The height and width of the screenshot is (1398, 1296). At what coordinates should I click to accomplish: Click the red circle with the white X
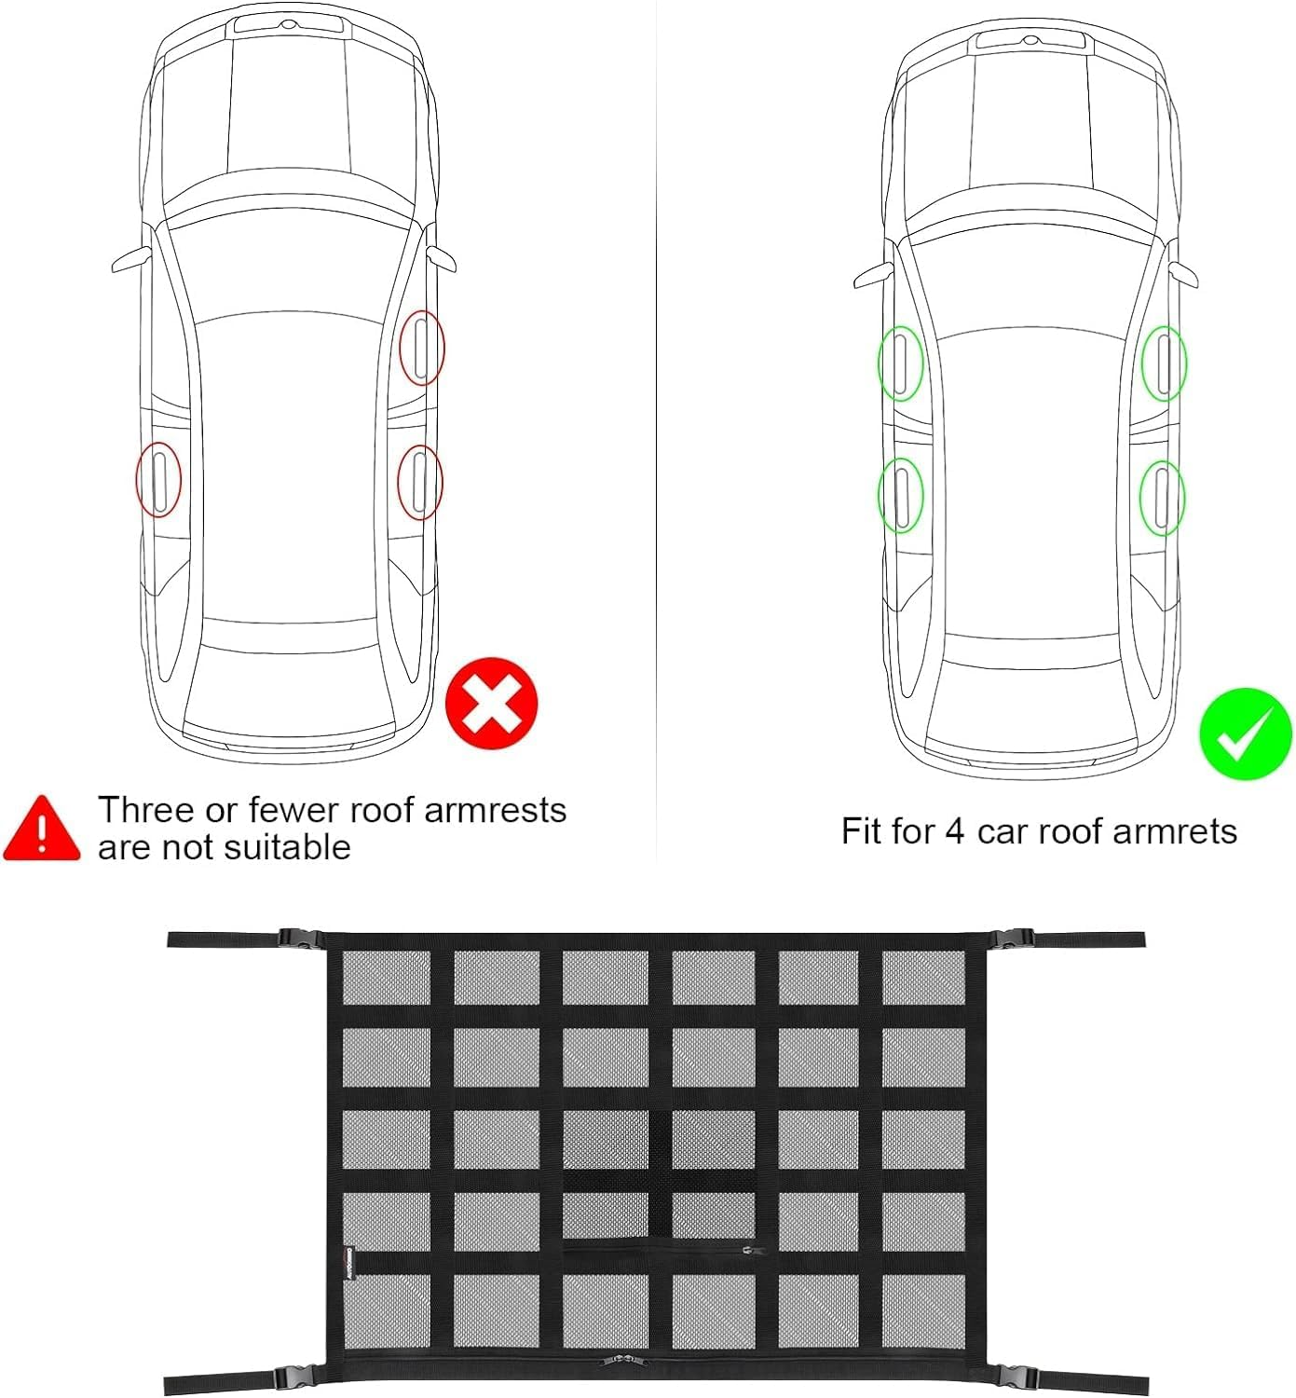[492, 703]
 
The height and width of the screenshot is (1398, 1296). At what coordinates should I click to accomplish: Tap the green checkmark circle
[1245, 733]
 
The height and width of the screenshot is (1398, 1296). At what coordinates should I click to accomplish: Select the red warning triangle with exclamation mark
[41, 829]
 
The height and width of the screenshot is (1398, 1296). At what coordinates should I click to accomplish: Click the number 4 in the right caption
[954, 831]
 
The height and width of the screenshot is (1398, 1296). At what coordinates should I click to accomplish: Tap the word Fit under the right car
[863, 831]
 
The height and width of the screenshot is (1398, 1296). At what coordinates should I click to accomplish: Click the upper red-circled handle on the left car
[421, 348]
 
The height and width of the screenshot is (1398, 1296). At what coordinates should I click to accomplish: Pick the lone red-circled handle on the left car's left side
[158, 479]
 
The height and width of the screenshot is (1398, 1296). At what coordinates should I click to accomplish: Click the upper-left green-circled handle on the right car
[900, 363]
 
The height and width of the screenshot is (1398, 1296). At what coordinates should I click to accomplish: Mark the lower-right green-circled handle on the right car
[1162, 498]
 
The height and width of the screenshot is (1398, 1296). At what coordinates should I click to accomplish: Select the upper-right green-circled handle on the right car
[1165, 363]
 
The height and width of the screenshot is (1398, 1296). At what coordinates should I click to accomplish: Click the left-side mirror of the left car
[131, 260]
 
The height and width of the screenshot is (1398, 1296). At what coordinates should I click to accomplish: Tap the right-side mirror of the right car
[1183, 273]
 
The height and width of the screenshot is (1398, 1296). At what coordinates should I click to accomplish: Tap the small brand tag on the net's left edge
[343, 1263]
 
